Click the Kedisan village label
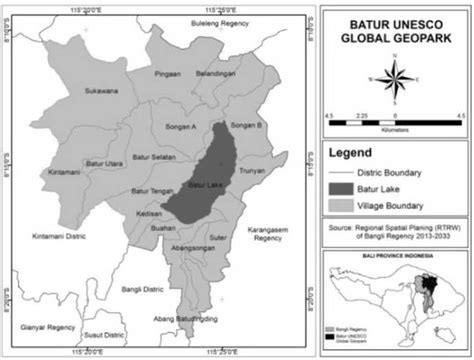pyautogui.click(x=151, y=214)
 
